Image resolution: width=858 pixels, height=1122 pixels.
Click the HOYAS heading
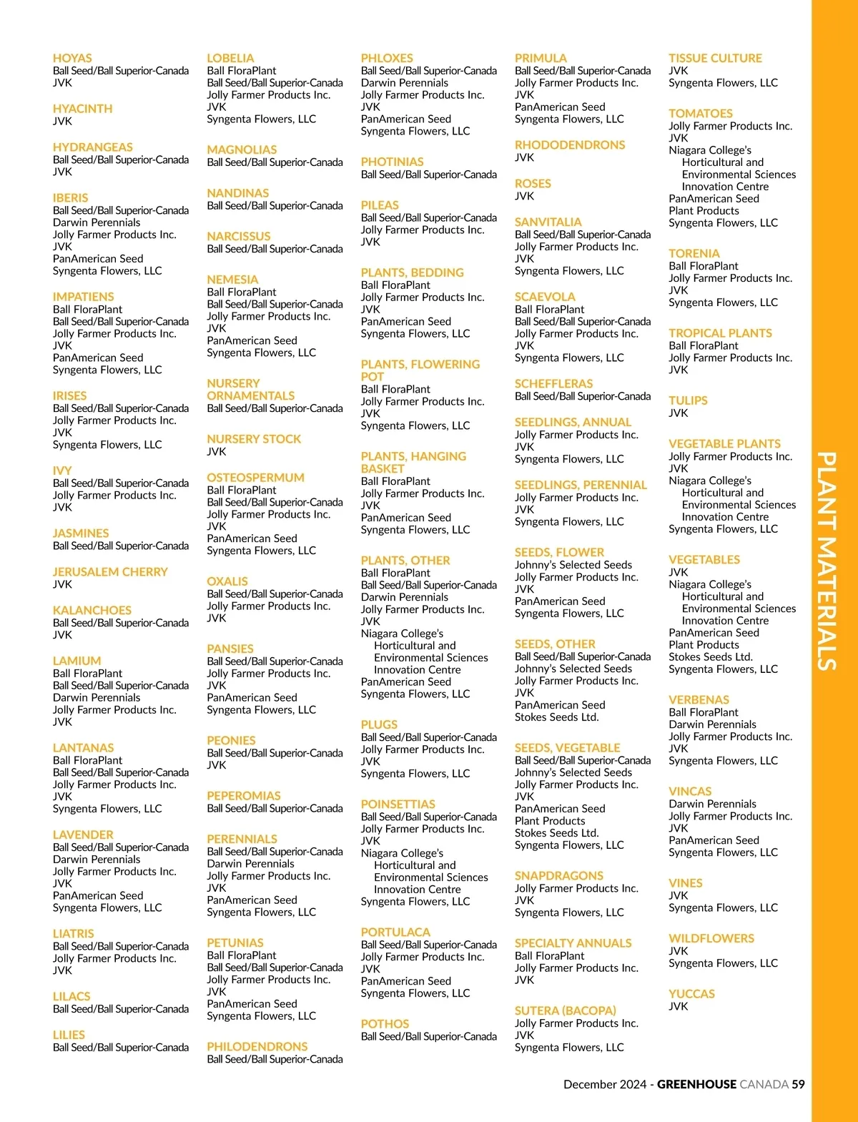pos(72,59)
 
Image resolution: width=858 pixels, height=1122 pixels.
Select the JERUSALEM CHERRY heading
pos(110,572)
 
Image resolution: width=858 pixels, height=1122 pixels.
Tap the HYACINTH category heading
pos(82,109)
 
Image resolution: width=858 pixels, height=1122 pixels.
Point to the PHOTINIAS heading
pos(392,162)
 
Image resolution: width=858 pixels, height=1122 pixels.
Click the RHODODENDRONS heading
pos(570,145)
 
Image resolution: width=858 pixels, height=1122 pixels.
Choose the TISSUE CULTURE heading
pos(715,59)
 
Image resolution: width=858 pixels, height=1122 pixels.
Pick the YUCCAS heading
pos(691,994)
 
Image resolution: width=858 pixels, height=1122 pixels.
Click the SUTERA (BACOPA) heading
pos(565,1011)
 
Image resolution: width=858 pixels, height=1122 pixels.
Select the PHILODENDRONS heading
pos(257,1047)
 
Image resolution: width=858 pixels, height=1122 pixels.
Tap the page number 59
pos(798,1084)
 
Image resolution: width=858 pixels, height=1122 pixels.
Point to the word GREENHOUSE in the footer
pos(696,1084)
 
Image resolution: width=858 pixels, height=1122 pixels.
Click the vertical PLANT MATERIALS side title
pos(827,561)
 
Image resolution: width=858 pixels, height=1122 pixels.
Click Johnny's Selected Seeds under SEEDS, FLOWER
pos(573,565)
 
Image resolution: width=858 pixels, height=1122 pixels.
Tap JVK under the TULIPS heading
pos(678,413)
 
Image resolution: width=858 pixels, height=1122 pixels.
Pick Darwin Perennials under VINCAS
pos(712,804)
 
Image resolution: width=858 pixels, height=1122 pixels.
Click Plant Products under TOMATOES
pos(704,211)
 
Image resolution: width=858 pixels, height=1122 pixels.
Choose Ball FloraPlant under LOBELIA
pos(241,71)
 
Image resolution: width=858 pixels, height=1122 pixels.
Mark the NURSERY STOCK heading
pos(254,439)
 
